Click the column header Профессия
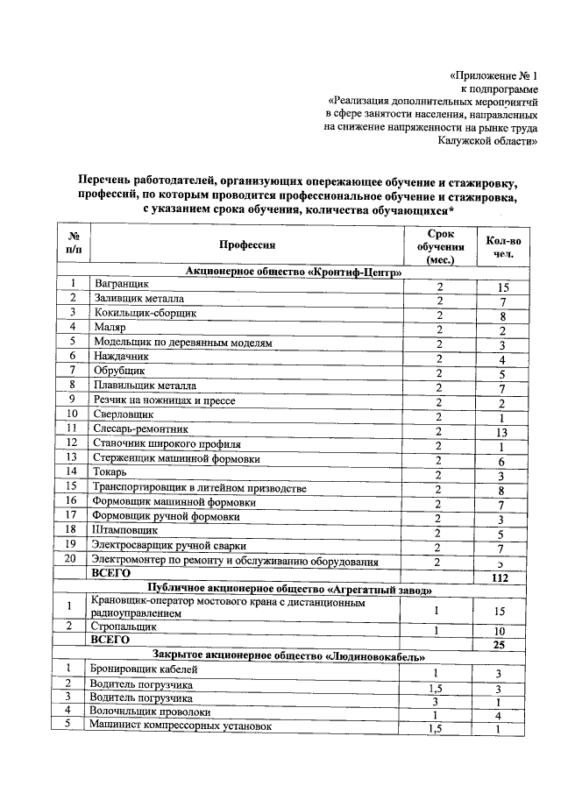point(247,245)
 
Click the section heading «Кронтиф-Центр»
point(294,272)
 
